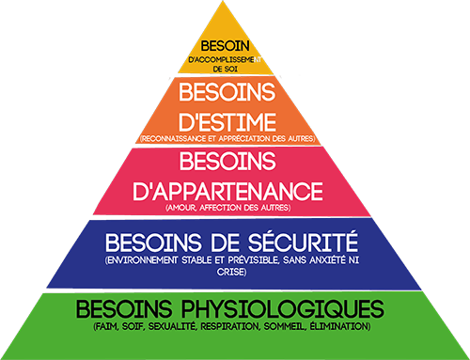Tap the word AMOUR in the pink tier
184,207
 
